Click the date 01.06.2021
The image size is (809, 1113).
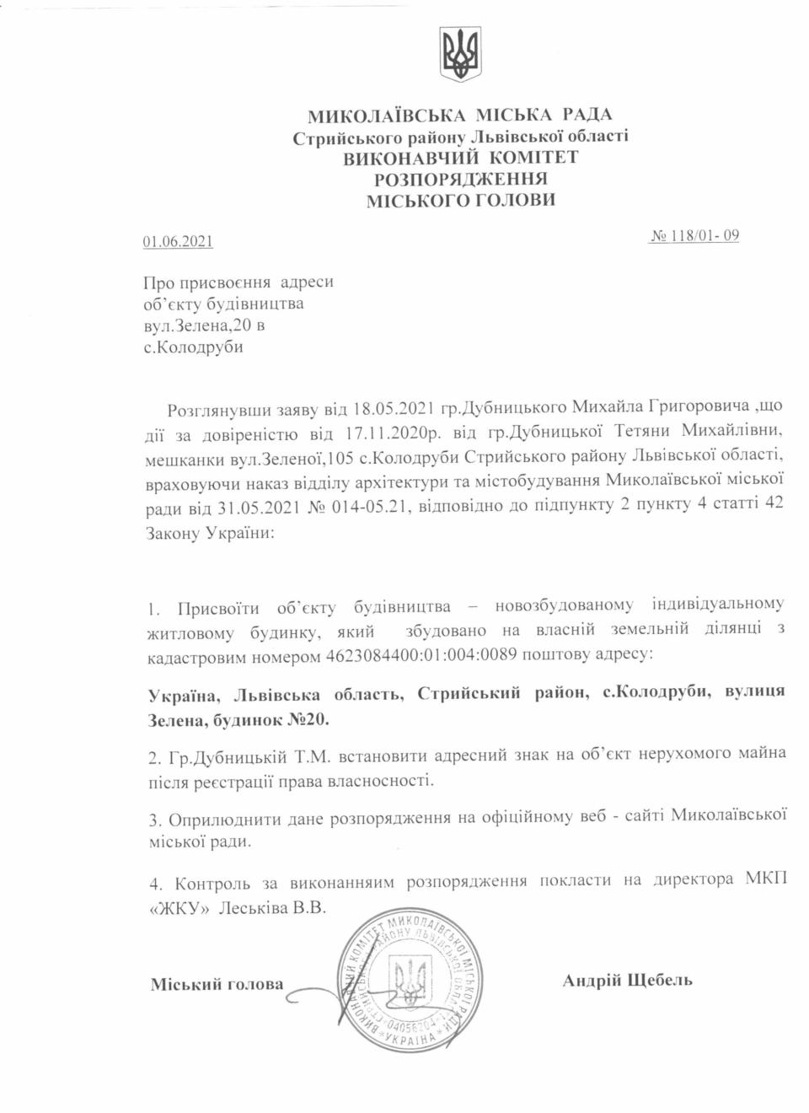(x=178, y=242)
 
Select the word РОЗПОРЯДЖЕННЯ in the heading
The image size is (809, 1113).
(x=460, y=179)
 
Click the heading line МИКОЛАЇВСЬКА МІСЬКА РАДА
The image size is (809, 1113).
(x=460, y=116)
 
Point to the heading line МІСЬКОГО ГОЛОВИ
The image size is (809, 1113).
(x=460, y=201)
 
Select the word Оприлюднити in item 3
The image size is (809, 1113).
(x=222, y=820)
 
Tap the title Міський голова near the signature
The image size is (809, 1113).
(x=217, y=984)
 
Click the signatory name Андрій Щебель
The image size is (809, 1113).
(x=627, y=980)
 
